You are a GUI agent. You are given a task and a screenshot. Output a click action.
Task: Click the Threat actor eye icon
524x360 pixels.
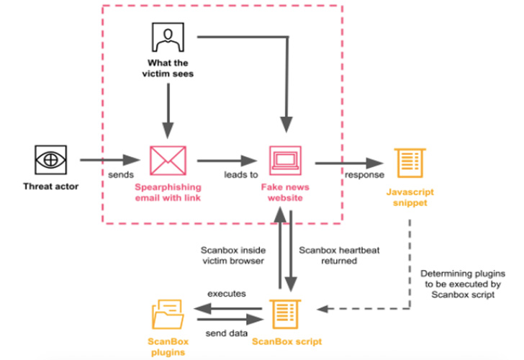[50, 158]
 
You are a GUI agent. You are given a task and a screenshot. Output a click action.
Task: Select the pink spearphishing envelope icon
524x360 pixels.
[168, 159]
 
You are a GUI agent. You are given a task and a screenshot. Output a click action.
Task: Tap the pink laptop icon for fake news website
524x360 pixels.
[286, 160]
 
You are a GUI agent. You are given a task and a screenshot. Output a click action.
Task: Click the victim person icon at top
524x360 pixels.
[167, 36]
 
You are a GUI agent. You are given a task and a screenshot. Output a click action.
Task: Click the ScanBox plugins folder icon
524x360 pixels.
[168, 315]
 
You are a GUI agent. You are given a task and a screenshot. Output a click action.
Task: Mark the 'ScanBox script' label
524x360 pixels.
[286, 342]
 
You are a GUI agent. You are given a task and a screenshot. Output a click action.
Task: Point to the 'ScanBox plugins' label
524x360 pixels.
[168, 348]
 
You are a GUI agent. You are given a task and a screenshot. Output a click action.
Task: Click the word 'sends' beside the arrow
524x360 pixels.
[119, 175]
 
